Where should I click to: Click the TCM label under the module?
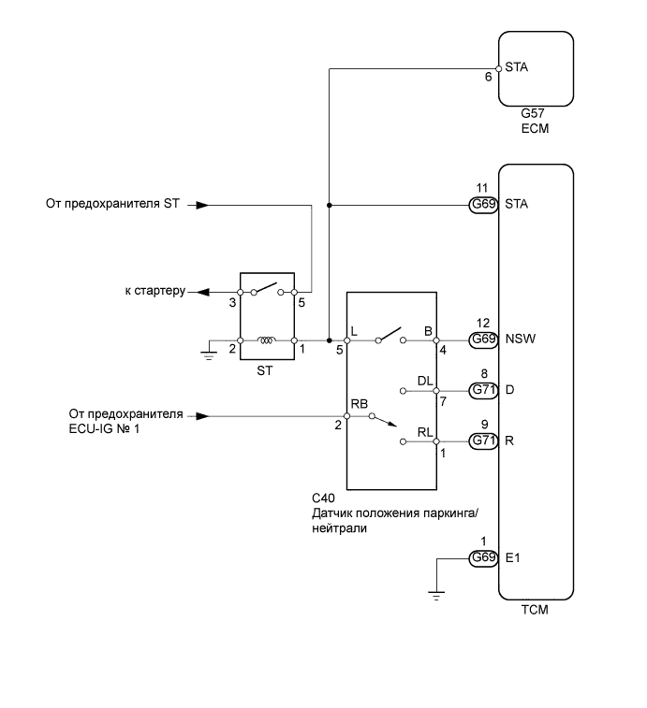(533, 612)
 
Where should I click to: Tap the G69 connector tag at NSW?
(482, 340)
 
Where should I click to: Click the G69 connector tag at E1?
(482, 558)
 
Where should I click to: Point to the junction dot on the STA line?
(330, 205)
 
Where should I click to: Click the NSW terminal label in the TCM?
(519, 340)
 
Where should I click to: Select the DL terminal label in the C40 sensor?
(425, 381)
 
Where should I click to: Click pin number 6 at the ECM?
(488, 78)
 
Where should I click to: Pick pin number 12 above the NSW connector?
(482, 322)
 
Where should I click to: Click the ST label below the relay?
(267, 370)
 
